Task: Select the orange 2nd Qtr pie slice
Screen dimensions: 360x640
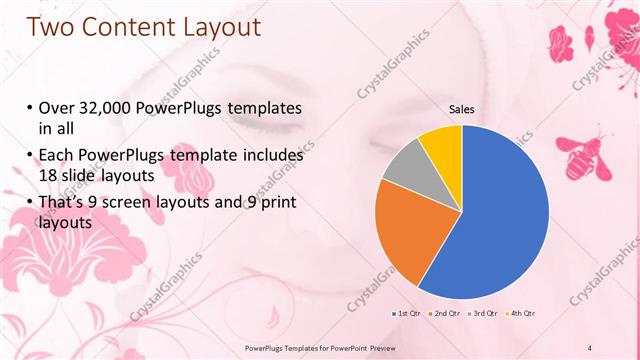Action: coord(405,235)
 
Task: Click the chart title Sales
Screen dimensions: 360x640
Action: coord(461,110)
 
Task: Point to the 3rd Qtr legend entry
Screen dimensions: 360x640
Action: coord(482,314)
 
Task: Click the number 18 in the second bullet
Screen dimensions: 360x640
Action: coord(48,176)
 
